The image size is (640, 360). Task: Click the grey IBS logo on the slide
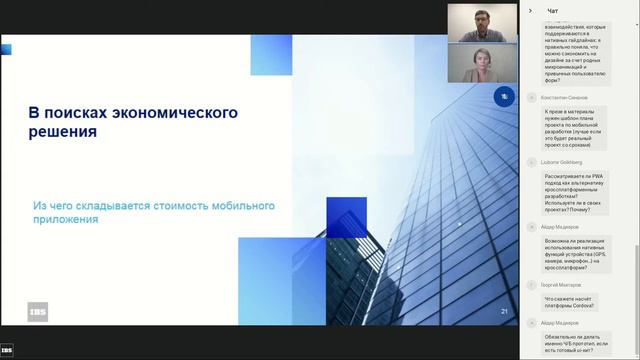pyautogui.click(x=37, y=311)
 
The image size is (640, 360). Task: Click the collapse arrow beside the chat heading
pyautogui.click(x=530, y=10)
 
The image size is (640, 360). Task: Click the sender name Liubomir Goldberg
pyautogui.click(x=567, y=161)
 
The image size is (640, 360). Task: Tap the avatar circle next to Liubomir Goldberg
pyautogui.click(x=534, y=162)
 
